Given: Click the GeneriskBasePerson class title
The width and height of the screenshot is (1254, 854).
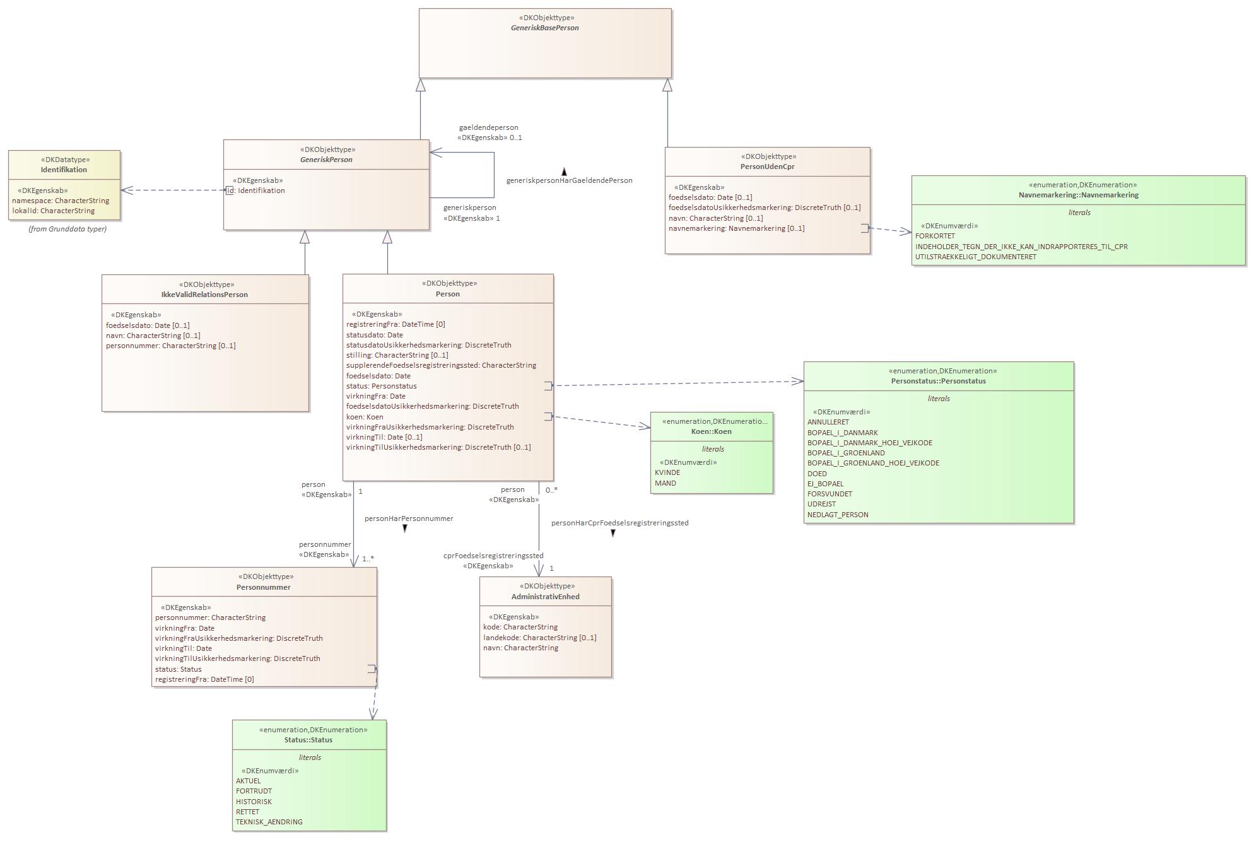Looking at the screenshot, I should click(545, 28).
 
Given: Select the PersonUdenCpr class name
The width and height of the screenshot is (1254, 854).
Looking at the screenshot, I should click(767, 167).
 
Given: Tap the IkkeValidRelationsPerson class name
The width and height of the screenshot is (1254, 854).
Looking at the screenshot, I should click(204, 295).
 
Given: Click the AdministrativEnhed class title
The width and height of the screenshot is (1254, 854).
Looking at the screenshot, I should click(545, 597).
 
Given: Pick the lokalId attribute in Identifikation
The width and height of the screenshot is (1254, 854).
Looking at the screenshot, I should click(53, 211).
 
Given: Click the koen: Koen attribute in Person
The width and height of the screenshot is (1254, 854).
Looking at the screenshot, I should click(365, 417).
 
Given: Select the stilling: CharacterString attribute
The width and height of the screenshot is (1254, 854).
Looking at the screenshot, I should click(397, 355).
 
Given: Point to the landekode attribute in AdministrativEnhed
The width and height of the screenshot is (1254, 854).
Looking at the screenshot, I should click(539, 638).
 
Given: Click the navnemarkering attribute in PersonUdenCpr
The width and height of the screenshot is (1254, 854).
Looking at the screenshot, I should click(736, 228).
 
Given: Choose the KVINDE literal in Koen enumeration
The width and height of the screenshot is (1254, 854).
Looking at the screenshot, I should click(667, 473).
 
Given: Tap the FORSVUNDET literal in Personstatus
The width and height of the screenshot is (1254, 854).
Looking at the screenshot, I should click(829, 494).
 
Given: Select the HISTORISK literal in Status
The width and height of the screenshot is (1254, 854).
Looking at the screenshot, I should click(254, 802).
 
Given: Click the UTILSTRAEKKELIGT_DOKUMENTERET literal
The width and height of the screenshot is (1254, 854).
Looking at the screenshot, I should click(975, 257).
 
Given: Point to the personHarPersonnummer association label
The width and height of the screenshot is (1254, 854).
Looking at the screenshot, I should click(409, 518).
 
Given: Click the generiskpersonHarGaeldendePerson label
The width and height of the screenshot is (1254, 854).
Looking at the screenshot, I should click(569, 180).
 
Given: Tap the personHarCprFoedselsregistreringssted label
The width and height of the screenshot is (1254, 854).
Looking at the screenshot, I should click(619, 523).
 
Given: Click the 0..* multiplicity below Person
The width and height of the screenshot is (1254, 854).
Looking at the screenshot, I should click(551, 490).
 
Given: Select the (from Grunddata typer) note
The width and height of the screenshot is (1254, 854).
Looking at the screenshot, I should click(67, 229).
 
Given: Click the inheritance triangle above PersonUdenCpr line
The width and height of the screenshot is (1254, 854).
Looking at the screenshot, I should click(667, 85).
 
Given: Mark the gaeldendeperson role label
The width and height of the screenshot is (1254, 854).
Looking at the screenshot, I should click(488, 127).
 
